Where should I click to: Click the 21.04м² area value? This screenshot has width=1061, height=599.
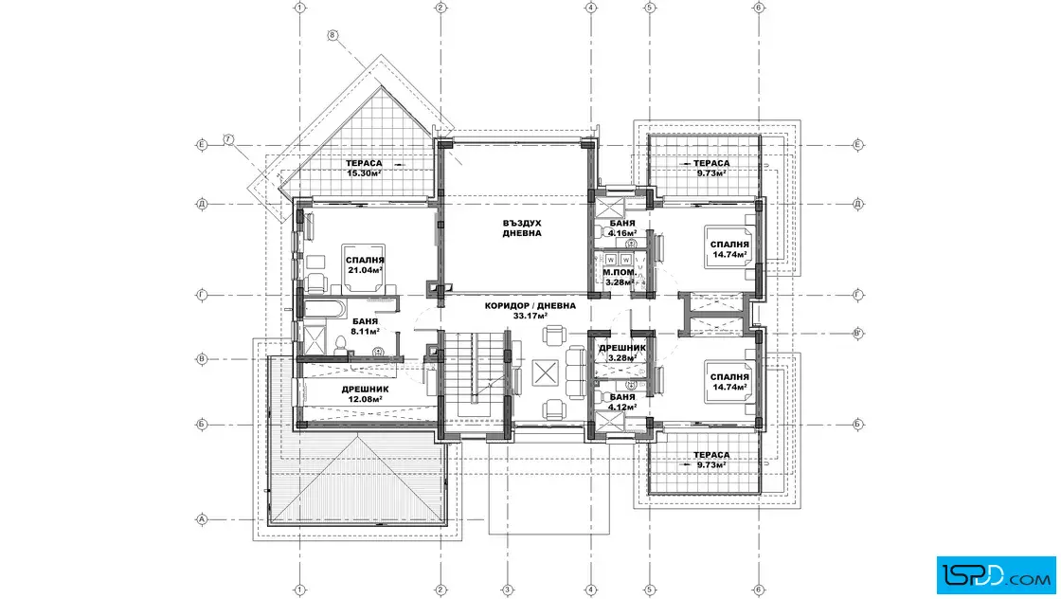coord(365,270)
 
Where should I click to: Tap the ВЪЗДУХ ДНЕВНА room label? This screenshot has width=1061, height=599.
coord(522,228)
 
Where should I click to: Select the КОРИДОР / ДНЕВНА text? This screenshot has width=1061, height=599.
coord(530,306)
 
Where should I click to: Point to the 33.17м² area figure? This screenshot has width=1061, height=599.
coord(530,316)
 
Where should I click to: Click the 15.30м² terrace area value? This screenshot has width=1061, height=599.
coord(364,173)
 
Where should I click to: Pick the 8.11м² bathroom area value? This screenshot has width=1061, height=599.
coord(365,332)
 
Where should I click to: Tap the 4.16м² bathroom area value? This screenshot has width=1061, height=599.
coord(621,233)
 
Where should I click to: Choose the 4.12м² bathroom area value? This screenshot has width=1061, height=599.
coord(621,408)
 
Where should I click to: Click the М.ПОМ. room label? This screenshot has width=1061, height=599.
coord(620,272)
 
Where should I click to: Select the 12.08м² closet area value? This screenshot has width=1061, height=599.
coord(365,399)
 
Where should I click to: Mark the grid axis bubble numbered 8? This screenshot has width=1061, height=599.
coord(333,35)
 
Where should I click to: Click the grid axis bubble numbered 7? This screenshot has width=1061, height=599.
coord(228,139)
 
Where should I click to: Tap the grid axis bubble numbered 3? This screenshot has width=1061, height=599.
coord(507,590)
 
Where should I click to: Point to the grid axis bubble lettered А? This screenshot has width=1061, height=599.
coord(201,519)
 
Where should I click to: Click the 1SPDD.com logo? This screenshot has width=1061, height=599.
coord(996,575)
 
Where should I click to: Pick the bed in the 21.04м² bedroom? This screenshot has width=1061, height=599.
coord(363,268)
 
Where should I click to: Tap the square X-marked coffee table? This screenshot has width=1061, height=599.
coord(546,372)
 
